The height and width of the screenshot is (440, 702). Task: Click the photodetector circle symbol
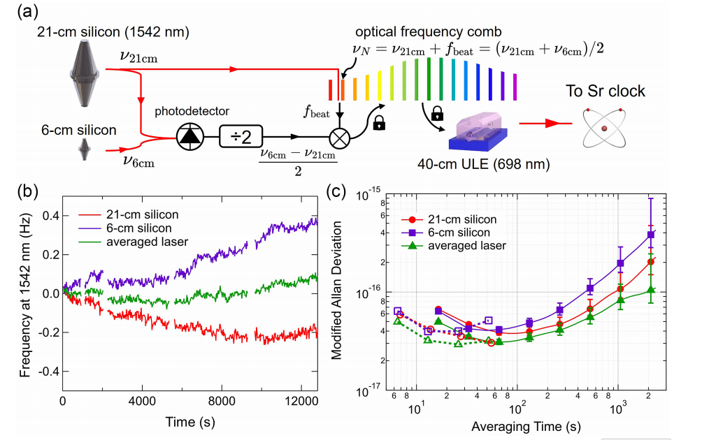coord(187,137)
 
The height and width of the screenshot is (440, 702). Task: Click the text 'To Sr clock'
coord(606,91)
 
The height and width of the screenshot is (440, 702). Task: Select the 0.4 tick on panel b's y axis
coord(46,216)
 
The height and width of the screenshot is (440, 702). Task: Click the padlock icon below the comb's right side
coord(438,112)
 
